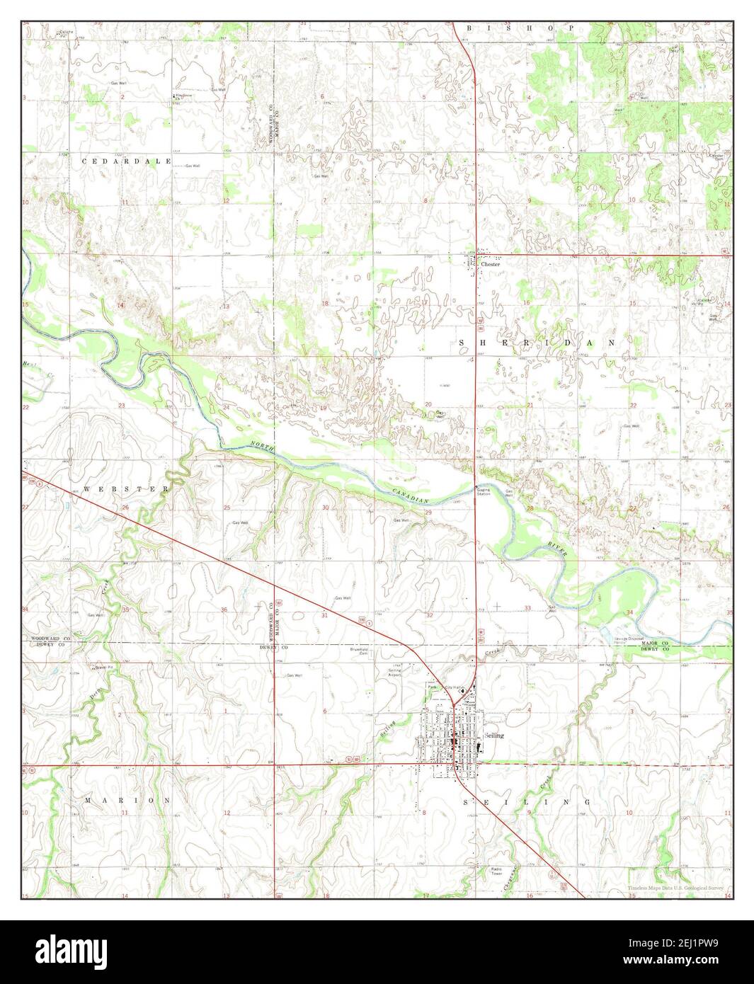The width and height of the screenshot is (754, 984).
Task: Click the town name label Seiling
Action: click(495, 736)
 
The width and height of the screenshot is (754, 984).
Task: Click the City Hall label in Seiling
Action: click(453, 687)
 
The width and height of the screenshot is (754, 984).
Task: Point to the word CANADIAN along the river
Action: click(411, 496)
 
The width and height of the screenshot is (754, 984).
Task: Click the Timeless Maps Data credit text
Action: click(678, 888)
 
